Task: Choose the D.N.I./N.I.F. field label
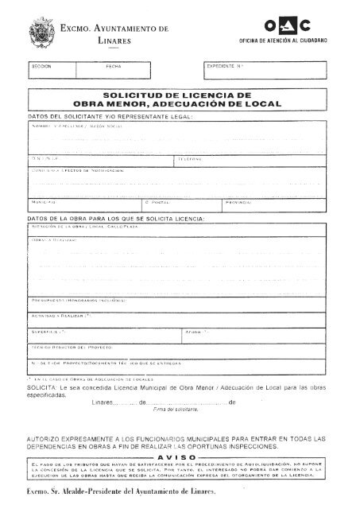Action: click(41, 161)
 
